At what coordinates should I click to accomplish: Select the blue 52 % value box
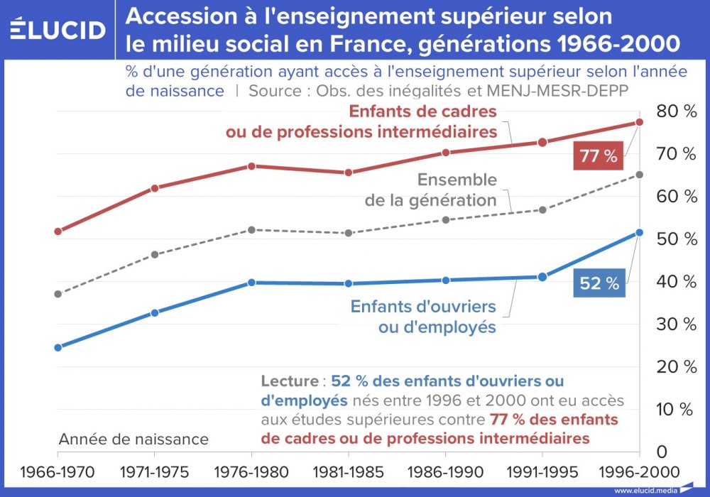599,283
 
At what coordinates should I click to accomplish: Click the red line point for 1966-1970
58,231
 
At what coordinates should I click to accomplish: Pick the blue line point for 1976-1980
251,283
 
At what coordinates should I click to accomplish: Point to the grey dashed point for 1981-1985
349,233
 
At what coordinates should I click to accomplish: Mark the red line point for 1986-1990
446,153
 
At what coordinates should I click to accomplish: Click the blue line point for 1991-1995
542,277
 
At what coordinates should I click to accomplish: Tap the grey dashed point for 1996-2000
640,175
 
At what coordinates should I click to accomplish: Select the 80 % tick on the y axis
676,111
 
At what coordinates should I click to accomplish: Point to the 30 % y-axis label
676,324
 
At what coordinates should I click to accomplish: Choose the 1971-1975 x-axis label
154,472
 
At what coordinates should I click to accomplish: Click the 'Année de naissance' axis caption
133,439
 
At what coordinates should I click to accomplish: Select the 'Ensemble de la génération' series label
431,190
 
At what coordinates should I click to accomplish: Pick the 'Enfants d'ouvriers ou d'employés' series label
423,317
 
